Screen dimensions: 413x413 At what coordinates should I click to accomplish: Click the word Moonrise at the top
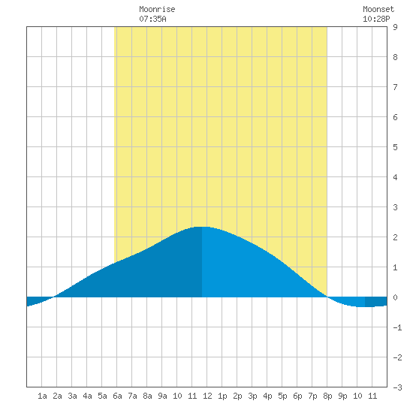coord(157,9)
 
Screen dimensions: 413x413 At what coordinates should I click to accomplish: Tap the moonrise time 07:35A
coord(152,19)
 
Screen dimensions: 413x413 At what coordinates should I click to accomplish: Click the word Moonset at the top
coord(378,9)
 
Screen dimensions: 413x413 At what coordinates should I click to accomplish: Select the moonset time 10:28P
coord(376,19)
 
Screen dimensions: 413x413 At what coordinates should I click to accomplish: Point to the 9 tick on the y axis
coord(395,27)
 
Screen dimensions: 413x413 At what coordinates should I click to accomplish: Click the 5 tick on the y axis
coord(395,147)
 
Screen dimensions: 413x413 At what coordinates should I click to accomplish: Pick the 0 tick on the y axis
coord(395,297)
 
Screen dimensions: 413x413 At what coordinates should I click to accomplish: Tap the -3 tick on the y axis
coord(397,387)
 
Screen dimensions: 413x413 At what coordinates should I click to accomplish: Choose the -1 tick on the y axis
coord(397,327)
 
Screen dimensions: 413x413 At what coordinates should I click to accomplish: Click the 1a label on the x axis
coord(42,396)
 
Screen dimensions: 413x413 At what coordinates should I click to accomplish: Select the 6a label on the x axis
coord(117,396)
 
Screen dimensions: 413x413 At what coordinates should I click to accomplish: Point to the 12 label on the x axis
coord(207,396)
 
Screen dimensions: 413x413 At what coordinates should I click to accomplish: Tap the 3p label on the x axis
coord(252,396)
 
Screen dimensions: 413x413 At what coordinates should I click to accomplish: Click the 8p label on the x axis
coord(327,396)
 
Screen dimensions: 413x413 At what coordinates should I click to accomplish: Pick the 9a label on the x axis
coord(162,396)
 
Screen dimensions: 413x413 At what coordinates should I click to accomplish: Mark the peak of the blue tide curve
coord(202,227)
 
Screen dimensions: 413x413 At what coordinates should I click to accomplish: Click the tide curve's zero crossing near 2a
coord(54,297)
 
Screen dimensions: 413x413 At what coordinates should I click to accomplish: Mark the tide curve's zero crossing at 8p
coord(327,297)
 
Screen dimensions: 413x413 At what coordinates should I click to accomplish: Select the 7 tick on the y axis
coord(395,87)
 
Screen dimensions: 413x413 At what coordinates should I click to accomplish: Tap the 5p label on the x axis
coord(282,396)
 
